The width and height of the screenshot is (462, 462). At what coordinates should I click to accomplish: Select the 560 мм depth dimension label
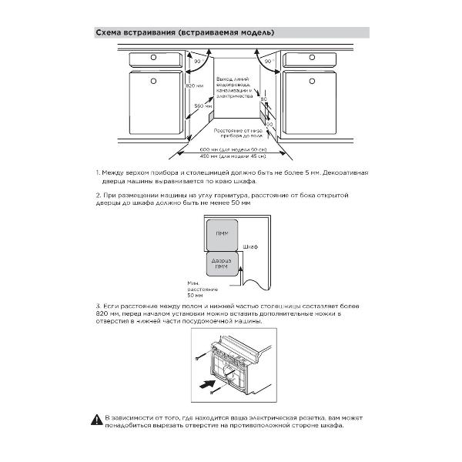pos(202,105)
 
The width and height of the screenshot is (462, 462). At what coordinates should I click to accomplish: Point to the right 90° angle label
pos(269,60)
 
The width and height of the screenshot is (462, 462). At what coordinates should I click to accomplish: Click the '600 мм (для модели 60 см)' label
pos(232,149)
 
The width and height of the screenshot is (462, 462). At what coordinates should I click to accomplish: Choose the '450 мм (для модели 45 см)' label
pos(232,156)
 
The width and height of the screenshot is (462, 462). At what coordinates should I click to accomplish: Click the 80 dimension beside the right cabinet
pos(263,99)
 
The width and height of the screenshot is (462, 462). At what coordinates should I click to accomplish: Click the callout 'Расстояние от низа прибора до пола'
pos(236,134)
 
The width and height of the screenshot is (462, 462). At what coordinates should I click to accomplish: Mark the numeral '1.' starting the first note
pos(99,172)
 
